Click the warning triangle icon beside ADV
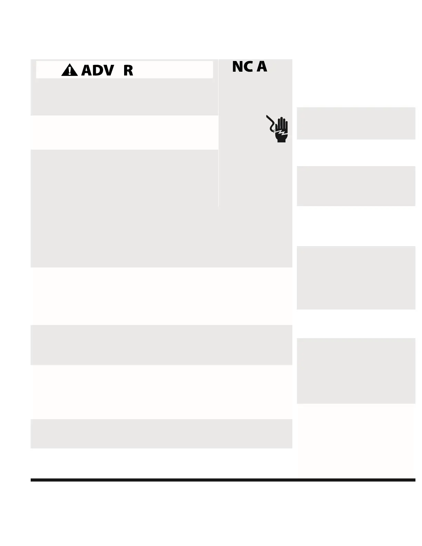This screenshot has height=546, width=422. (69, 70)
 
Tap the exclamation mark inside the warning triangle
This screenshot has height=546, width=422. (70, 71)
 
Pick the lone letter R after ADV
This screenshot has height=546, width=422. (128, 70)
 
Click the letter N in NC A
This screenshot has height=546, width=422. (238, 67)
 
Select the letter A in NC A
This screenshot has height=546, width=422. (262, 66)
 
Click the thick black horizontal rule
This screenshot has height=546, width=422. (223, 480)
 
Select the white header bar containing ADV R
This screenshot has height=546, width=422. (172, 70)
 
